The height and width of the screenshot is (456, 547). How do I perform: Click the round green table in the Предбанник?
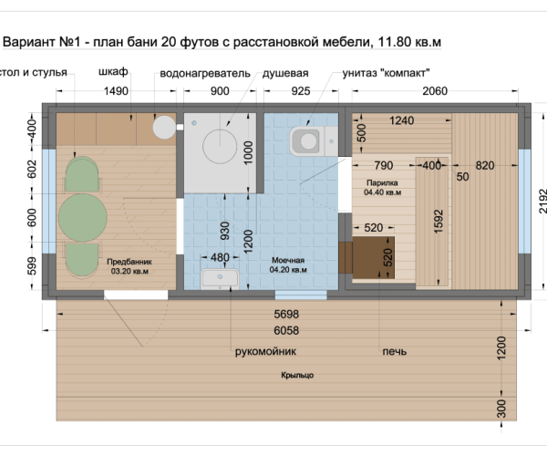click(x=83, y=218)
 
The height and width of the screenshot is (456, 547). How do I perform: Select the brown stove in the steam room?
click(x=373, y=257)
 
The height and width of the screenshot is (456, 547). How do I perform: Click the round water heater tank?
click(x=164, y=128)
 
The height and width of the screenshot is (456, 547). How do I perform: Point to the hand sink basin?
click(x=220, y=279)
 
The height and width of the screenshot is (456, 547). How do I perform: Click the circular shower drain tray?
click(x=220, y=147)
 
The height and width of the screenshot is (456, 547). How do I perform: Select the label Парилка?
click(x=382, y=182)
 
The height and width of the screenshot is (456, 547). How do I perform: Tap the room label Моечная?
click(x=288, y=260)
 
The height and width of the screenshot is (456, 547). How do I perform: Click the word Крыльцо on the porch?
click(x=297, y=376)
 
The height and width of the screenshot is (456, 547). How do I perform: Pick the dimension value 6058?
click(x=286, y=330)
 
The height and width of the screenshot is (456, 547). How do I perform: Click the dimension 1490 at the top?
click(x=116, y=91)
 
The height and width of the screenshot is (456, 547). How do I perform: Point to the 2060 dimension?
click(x=435, y=91)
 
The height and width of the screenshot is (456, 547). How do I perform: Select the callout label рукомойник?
click(x=265, y=351)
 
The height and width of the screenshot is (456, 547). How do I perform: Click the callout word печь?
click(x=395, y=351)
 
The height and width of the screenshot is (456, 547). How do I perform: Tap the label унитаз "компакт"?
click(x=386, y=73)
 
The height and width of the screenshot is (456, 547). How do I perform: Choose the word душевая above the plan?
click(x=285, y=74)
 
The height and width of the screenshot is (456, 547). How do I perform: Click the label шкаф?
click(x=113, y=72)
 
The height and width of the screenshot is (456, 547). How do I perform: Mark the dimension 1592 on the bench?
click(x=439, y=222)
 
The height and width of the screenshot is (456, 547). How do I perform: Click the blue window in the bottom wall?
click(x=301, y=295)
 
